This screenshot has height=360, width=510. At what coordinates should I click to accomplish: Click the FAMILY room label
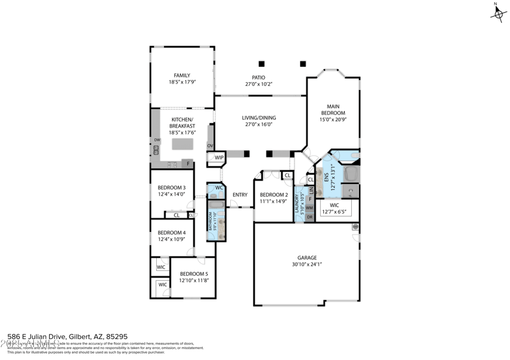point(182,75)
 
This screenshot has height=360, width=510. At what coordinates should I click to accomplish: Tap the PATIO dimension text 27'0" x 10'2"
point(258,84)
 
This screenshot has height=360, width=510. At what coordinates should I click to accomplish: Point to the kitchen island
point(182,144)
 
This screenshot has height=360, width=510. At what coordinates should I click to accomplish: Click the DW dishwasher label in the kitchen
point(156,140)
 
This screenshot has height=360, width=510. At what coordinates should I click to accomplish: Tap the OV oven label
point(210,146)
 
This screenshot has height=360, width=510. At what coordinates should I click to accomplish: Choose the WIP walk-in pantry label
point(219,157)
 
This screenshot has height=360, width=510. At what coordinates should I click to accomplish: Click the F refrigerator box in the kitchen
point(188,164)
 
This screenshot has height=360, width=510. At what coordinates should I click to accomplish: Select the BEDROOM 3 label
point(171,187)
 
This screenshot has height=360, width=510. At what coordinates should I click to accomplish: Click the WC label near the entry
point(219,188)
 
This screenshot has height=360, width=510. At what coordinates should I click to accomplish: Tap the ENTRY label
point(240,195)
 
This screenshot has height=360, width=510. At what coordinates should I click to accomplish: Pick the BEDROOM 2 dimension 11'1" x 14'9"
point(273,201)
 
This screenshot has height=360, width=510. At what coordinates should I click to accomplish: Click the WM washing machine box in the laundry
point(309,208)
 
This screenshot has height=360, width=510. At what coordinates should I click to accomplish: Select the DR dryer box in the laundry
point(309,217)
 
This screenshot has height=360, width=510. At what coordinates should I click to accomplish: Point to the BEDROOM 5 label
point(193,273)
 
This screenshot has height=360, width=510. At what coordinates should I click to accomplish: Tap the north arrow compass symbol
point(496,12)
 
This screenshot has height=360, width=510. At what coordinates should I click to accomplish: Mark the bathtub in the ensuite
point(351,173)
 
